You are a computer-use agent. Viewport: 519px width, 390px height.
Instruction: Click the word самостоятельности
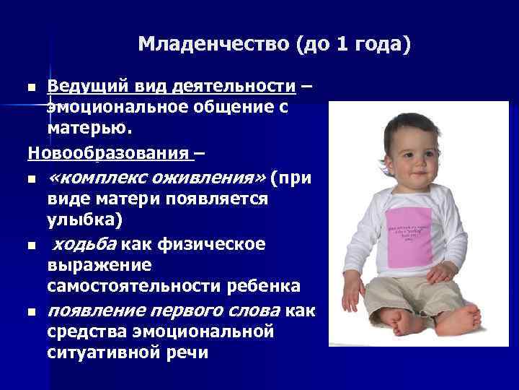[x=173, y=287]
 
